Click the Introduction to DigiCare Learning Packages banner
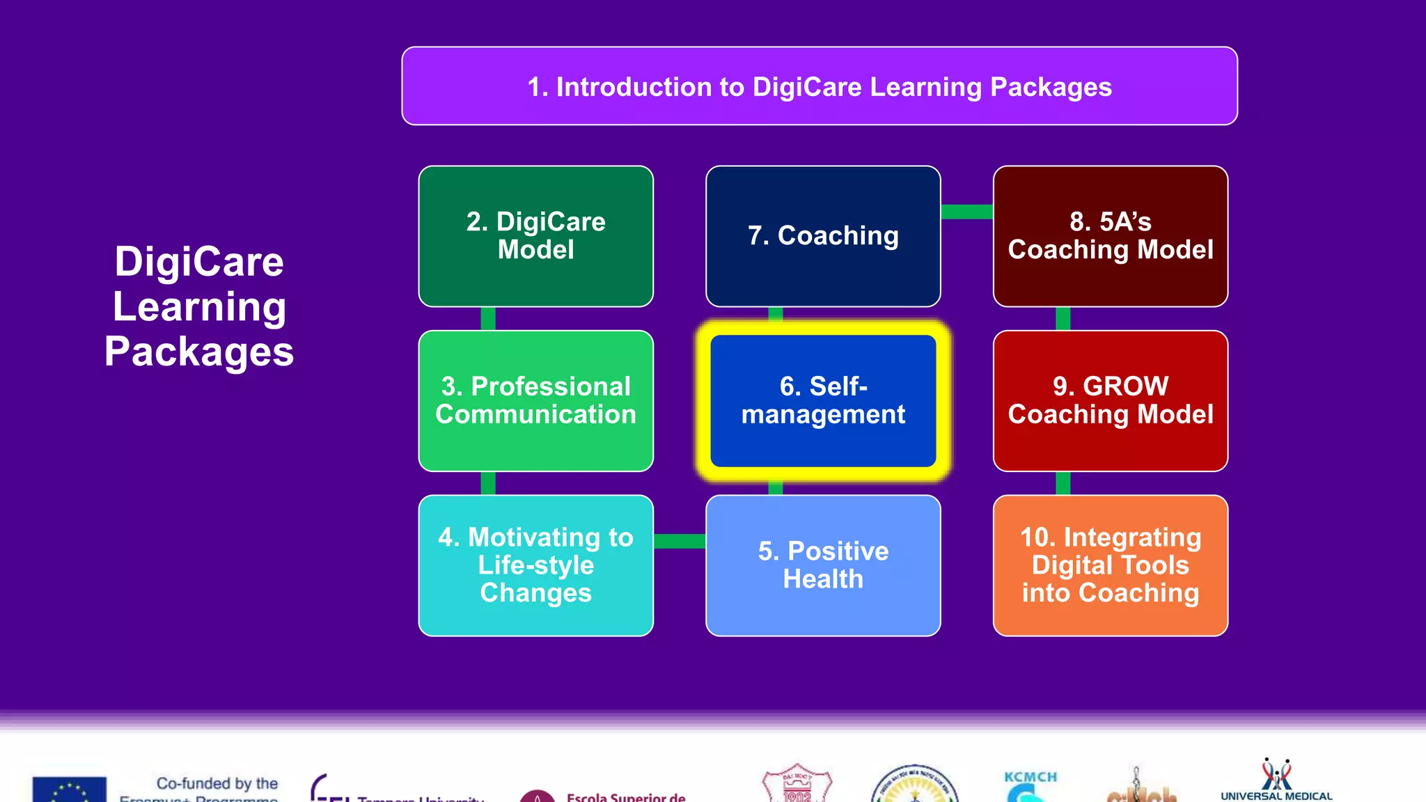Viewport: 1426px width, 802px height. coord(820,86)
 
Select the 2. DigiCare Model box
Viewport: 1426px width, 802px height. coord(535,236)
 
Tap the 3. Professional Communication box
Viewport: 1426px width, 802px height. coord(535,400)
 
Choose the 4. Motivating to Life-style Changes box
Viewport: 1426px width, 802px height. coord(535,565)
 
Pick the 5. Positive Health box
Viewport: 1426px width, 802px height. coord(823,565)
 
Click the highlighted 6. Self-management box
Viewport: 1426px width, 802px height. coord(823,400)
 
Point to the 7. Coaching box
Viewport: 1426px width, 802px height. coord(823,236)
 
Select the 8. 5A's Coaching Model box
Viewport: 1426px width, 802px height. coord(1110,236)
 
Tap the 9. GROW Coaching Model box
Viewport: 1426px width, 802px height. coord(1110,400)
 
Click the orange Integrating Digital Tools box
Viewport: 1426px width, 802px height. coord(1110,565)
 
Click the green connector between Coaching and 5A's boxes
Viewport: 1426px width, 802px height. coord(966,212)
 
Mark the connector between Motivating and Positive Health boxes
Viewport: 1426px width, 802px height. coord(680,541)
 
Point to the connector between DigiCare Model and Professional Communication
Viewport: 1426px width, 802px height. coord(488,319)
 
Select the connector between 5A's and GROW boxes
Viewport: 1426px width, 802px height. coord(1063,319)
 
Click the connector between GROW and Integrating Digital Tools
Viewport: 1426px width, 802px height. coord(1063,483)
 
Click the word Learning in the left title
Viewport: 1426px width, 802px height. coord(199,307)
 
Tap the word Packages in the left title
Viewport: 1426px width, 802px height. coord(199,352)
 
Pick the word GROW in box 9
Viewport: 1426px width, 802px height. coord(1125,386)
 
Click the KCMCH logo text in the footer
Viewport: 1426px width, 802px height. coord(1031,777)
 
